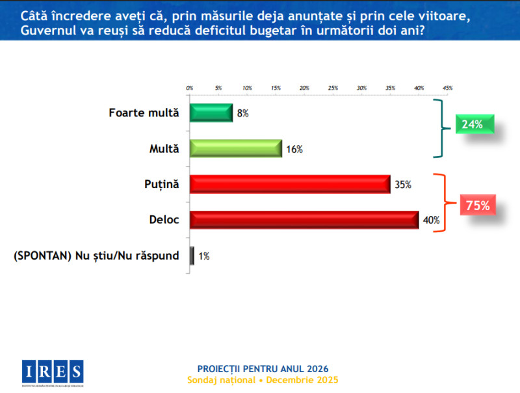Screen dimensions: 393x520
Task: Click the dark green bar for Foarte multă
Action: (x=211, y=113)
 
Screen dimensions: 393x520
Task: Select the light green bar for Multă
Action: (x=235, y=148)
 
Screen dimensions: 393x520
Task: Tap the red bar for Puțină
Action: (x=289, y=184)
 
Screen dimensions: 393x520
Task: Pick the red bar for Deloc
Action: (x=304, y=220)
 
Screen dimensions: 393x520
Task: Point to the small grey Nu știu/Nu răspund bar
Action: (x=192, y=256)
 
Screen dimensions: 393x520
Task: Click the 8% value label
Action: (x=242, y=113)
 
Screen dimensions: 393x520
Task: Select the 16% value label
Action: (x=294, y=149)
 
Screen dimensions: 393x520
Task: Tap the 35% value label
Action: (x=402, y=185)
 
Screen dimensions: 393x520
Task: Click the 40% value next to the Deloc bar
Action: (x=431, y=221)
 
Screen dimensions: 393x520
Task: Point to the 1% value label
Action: (x=204, y=256)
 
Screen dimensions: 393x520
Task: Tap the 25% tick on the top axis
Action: (x=333, y=87)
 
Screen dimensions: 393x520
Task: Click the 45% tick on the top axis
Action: (x=447, y=87)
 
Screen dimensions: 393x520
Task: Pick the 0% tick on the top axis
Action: (x=190, y=87)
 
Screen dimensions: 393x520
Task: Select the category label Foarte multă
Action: (x=143, y=113)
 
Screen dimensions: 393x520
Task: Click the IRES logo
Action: (x=52, y=372)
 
